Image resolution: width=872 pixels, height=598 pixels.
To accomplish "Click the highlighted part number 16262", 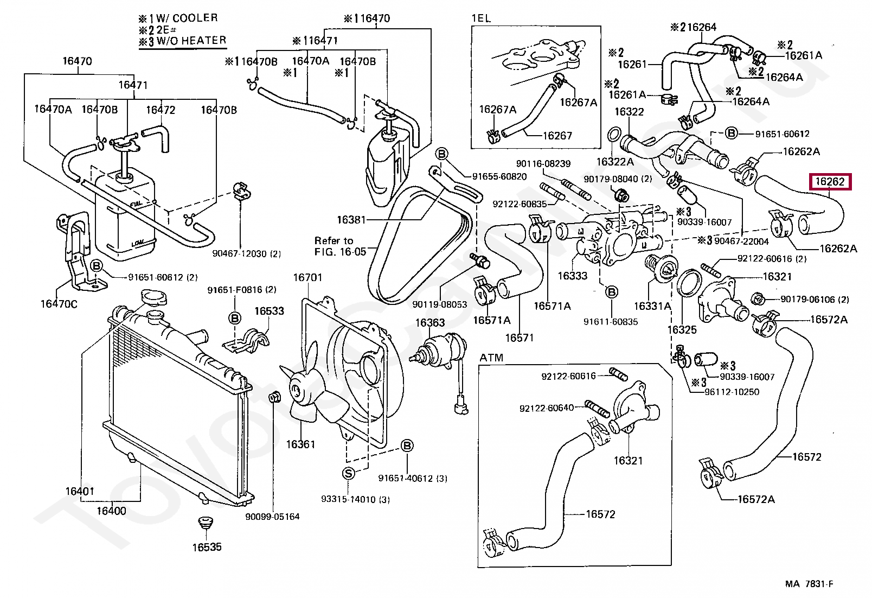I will [830, 182].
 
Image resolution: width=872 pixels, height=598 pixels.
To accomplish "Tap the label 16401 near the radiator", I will [80, 492].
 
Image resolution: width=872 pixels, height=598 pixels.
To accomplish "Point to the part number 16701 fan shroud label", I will [307, 278].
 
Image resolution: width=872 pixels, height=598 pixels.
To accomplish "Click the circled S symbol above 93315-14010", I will [349, 473].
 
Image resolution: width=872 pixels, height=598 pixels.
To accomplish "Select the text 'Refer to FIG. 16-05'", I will [340, 246].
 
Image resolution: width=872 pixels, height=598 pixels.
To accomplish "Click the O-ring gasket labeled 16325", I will [689, 283].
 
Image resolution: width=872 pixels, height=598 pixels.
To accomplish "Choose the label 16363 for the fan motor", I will [430, 323].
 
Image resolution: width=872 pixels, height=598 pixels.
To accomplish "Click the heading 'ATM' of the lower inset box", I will [491, 358].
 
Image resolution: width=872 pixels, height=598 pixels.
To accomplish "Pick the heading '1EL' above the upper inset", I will [481, 18].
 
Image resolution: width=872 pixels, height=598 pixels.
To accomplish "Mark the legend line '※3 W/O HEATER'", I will [182, 41].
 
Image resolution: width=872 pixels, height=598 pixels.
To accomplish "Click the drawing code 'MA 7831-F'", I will [809, 584].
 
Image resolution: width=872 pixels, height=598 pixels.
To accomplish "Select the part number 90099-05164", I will [272, 517].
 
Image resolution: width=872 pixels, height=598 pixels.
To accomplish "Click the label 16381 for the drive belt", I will [351, 220].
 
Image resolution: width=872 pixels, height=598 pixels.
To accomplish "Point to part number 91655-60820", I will [499, 176].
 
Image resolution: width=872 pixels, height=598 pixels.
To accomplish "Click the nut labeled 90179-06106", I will [758, 298].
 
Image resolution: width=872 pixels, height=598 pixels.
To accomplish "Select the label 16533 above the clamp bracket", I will [269, 311].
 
